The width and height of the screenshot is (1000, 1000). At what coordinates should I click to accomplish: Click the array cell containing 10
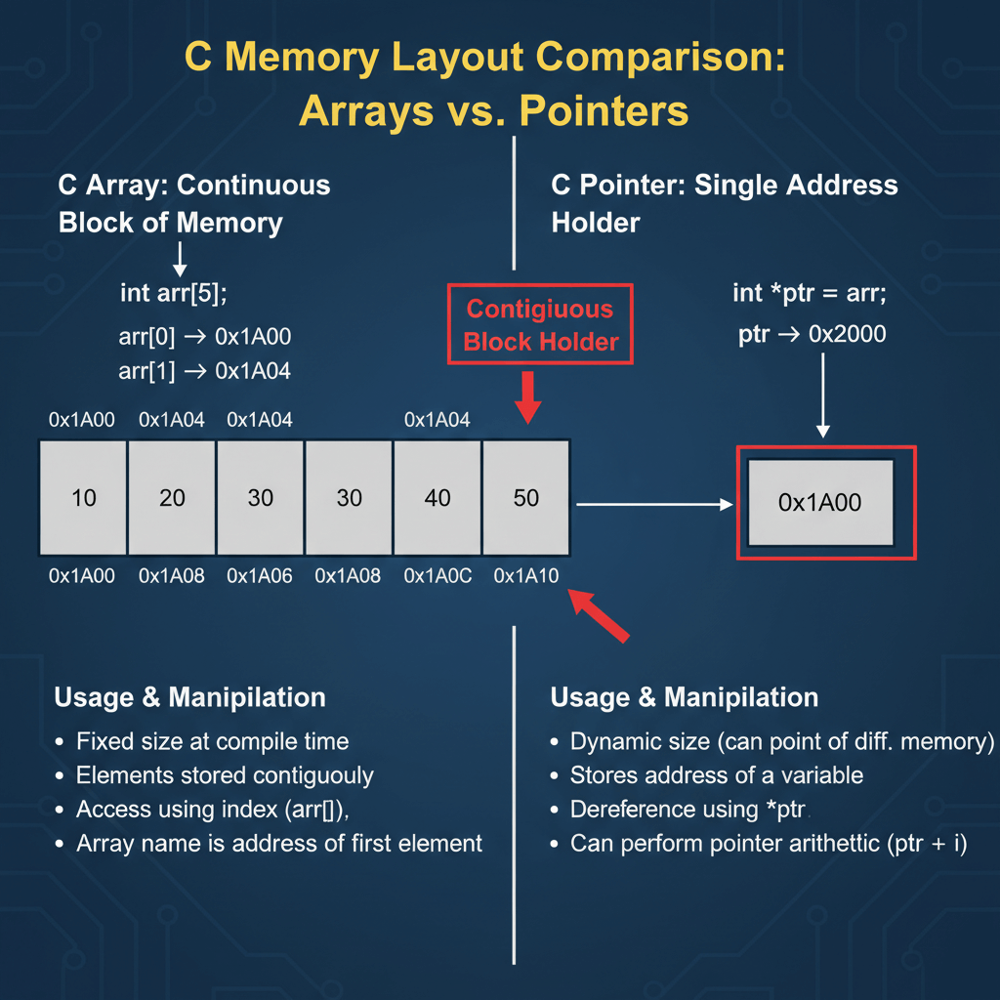(x=83, y=498)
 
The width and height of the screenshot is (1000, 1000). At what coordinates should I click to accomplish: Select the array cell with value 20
(x=172, y=498)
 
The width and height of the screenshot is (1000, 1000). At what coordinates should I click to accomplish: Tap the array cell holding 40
(x=437, y=498)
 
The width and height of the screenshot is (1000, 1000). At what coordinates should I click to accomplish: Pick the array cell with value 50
(x=525, y=498)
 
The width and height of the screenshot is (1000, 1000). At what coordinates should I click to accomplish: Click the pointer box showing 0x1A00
(x=819, y=502)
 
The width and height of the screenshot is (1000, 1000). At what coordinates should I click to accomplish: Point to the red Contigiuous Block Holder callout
(x=540, y=324)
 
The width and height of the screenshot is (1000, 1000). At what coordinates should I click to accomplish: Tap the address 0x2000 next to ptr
(x=847, y=335)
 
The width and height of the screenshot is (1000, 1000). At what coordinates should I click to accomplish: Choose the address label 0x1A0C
(x=438, y=576)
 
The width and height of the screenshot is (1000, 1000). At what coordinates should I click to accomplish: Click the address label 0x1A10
(x=526, y=576)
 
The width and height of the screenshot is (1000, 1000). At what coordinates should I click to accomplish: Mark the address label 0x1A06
(x=260, y=576)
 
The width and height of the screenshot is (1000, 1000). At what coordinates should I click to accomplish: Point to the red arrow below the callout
(x=527, y=397)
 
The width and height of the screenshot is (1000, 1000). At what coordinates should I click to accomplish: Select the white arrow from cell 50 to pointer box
(x=654, y=505)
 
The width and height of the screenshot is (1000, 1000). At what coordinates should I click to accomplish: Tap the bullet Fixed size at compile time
(x=212, y=741)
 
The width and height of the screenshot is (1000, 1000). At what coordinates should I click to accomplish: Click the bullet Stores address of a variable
(x=716, y=775)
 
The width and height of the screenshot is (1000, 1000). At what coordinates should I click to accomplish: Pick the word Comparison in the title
(x=660, y=58)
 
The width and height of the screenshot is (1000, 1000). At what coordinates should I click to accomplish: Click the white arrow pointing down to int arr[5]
(x=179, y=258)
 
